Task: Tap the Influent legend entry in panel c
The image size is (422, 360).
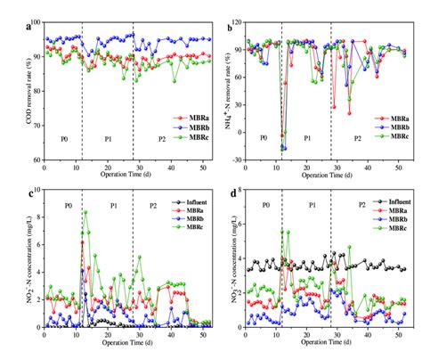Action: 184,204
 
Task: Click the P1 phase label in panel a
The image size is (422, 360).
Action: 108,139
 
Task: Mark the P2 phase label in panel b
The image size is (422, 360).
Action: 357,139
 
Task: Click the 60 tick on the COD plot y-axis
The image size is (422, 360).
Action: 33,160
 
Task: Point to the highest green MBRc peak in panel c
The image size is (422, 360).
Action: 85,211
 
